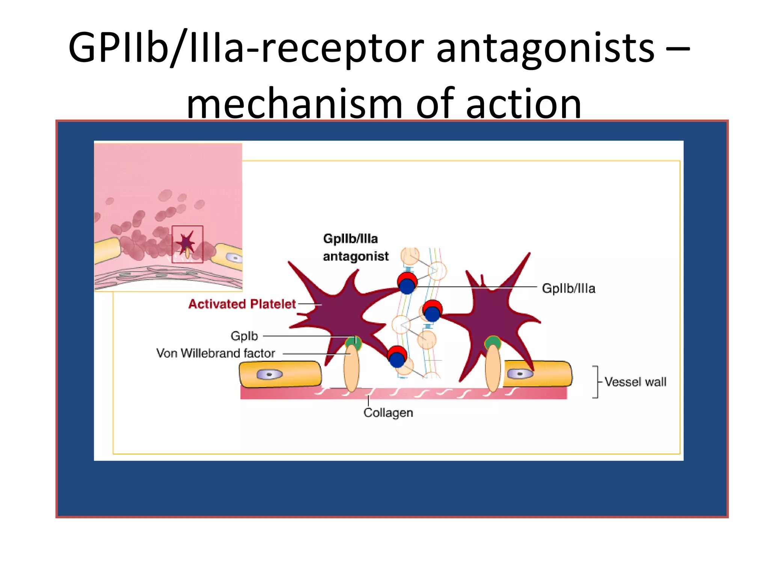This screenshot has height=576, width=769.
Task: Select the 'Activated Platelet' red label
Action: [242, 304]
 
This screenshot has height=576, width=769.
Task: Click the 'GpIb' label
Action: [244, 336]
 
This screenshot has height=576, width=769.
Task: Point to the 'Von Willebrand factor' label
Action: [216, 353]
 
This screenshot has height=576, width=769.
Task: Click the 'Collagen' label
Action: [388, 412]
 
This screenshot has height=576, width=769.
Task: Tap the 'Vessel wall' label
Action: [635, 382]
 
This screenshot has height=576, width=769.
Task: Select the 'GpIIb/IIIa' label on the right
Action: [568, 288]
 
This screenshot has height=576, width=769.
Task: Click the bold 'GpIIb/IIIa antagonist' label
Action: [355, 247]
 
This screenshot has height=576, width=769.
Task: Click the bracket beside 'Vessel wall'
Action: [596, 382]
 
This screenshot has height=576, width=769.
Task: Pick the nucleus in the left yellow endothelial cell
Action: [269, 374]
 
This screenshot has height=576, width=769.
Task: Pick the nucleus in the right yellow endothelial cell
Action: [520, 374]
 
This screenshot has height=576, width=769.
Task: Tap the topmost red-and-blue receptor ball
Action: [407, 283]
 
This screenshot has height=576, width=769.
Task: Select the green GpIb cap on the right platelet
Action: [493, 342]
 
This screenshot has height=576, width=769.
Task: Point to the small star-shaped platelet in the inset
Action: [186, 243]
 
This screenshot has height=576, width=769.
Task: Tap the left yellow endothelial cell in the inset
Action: [107, 250]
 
